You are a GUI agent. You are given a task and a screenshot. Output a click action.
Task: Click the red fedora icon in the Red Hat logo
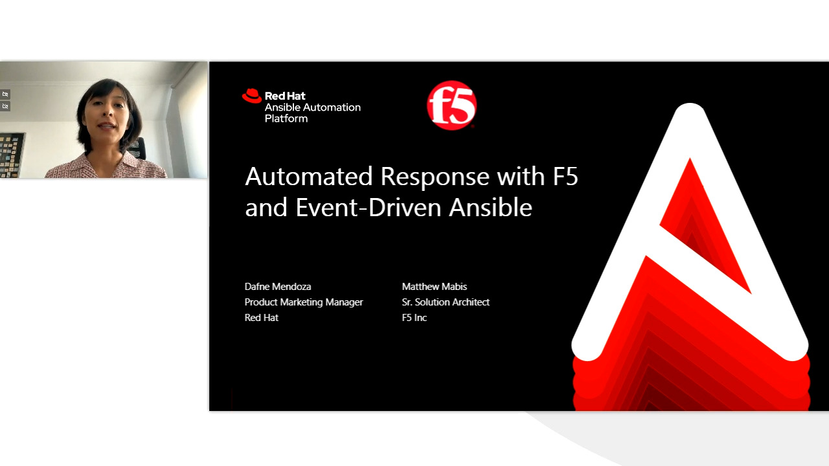(251, 96)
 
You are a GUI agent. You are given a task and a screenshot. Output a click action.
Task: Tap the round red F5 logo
(451, 105)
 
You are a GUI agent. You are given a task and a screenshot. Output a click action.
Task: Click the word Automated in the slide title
(308, 177)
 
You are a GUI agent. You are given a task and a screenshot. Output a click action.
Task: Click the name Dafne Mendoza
(277, 286)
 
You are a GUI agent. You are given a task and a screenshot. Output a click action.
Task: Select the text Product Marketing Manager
(303, 302)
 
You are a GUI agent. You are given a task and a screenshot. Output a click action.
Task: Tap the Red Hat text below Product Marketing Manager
(261, 318)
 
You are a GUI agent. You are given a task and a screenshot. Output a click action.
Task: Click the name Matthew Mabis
(434, 286)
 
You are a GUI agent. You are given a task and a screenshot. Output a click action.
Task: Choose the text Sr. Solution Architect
(445, 302)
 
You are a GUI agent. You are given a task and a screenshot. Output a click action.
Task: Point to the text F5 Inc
(414, 318)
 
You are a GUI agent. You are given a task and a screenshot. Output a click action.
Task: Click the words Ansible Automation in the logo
(312, 107)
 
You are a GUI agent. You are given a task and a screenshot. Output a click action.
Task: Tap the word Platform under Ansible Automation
(286, 119)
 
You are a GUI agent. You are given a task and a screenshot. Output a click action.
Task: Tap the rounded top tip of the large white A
(690, 114)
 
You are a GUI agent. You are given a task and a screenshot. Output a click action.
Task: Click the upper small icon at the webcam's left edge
(5, 94)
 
